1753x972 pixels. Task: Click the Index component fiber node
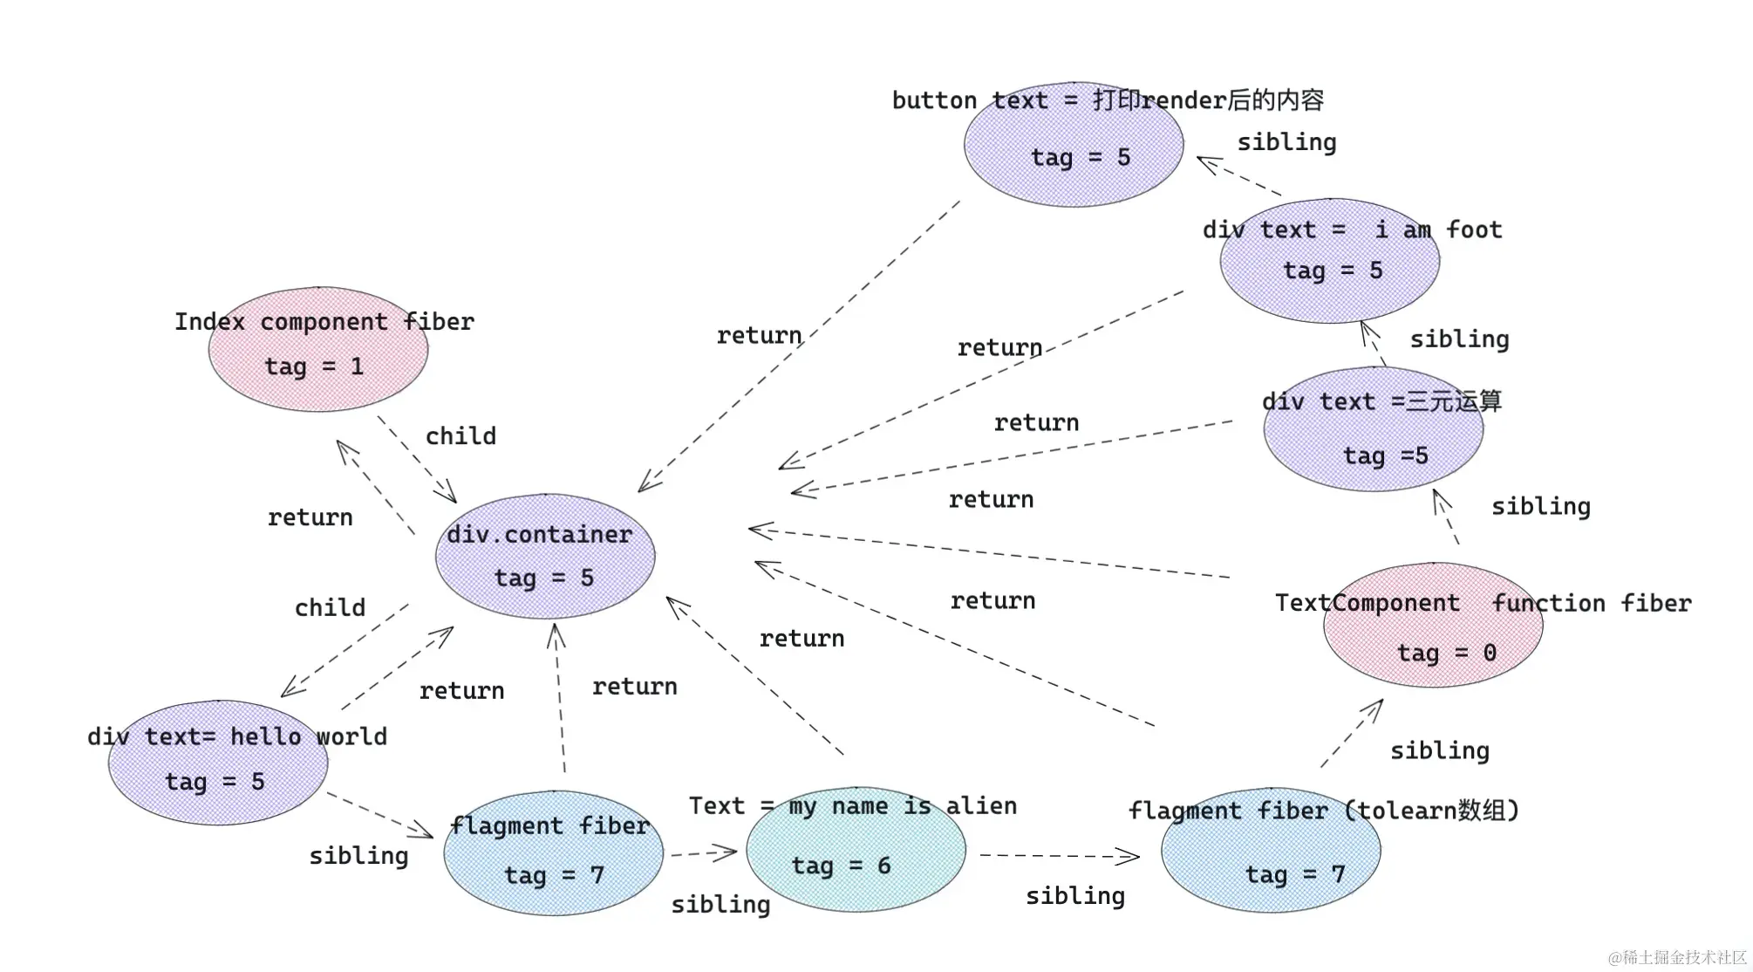[x=318, y=349]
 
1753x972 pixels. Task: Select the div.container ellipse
[x=545, y=556]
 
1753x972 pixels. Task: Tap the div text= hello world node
[x=218, y=763]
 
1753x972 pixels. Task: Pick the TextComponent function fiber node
[x=1433, y=626]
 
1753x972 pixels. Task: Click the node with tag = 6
[x=856, y=850]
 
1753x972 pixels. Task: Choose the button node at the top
[x=1074, y=146]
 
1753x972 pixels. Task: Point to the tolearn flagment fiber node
[x=1271, y=851]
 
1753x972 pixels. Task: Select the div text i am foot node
[x=1330, y=261]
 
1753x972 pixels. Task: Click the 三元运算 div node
[x=1374, y=429]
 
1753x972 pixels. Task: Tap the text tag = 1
[x=314, y=366]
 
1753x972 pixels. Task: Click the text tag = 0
[x=1446, y=653]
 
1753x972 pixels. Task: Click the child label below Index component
[x=460, y=436]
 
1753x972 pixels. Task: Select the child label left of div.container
[x=330, y=608]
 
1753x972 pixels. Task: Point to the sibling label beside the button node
[x=1286, y=142]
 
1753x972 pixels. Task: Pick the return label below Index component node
[x=310, y=517]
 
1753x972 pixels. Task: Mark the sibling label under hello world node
[x=358, y=856]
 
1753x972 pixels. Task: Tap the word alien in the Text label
[x=981, y=805]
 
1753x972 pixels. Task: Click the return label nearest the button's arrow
[x=759, y=336]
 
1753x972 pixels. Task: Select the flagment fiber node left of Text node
[x=553, y=852]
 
